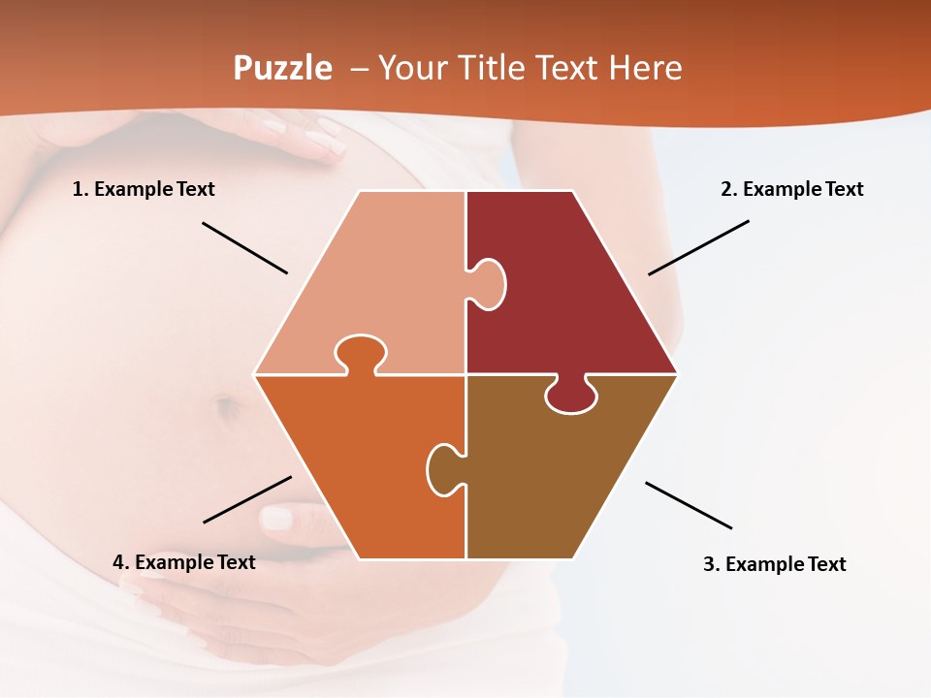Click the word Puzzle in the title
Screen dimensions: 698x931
[282, 69]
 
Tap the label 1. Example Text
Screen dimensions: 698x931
[144, 189]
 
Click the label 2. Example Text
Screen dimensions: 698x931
[791, 189]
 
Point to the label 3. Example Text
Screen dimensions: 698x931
[774, 564]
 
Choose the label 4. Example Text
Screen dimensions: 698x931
[183, 562]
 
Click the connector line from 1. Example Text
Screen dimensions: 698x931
[244, 247]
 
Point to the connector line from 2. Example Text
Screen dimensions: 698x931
[698, 247]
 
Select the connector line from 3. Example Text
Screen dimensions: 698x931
[689, 505]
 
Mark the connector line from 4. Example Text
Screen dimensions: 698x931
[247, 499]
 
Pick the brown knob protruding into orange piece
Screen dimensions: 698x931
[443, 469]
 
